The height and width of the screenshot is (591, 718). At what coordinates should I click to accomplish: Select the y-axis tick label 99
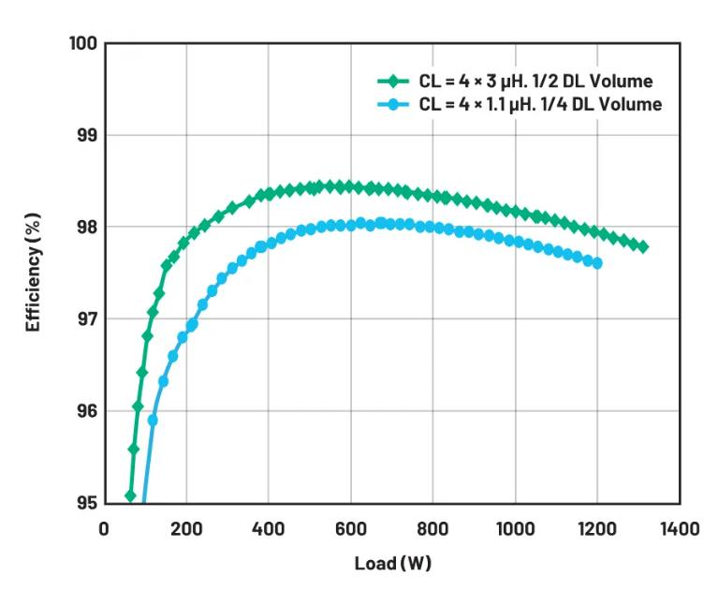pyautogui.click(x=87, y=136)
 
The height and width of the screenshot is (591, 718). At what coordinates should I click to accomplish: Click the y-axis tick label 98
pyautogui.click(x=87, y=228)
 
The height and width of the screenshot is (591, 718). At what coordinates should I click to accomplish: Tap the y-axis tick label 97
pyautogui.click(x=87, y=319)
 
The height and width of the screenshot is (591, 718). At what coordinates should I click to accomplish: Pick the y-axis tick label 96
pyautogui.click(x=87, y=411)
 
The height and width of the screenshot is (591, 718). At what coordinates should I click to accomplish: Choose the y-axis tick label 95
pyautogui.click(x=87, y=503)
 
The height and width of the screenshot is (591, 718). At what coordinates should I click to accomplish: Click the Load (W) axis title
pyautogui.click(x=392, y=565)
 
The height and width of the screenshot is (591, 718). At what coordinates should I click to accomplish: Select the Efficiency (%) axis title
pyautogui.click(x=34, y=273)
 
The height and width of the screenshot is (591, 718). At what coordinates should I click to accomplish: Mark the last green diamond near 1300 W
pyautogui.click(x=642, y=246)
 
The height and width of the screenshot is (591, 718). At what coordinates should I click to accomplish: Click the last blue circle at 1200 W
pyautogui.click(x=597, y=263)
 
